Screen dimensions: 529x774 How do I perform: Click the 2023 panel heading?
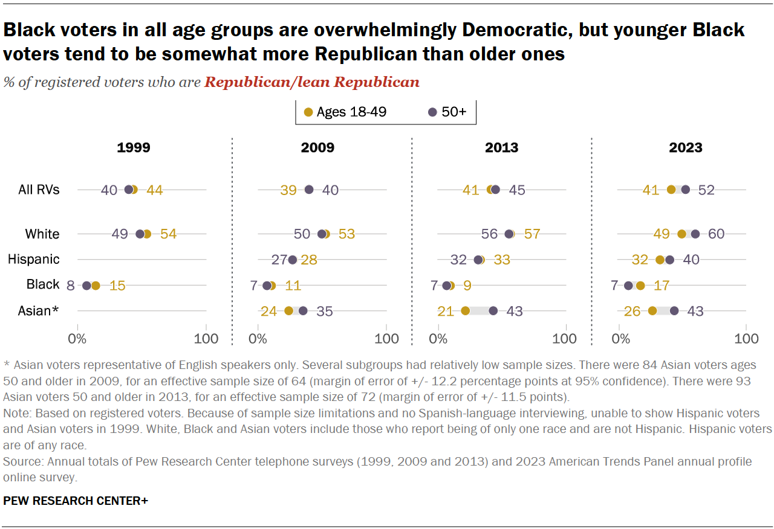685,148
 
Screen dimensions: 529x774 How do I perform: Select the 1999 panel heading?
134,148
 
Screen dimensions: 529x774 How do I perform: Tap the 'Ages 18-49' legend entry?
345,112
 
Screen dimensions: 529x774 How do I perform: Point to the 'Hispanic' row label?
33,260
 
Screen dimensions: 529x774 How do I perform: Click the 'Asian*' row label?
38,311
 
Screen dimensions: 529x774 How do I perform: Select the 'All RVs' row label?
39,190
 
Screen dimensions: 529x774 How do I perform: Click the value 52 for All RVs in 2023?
706,190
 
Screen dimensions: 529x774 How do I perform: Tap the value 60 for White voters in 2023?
716,234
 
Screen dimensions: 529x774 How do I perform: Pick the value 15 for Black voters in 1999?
117,286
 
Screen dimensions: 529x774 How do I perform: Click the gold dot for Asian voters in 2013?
465,311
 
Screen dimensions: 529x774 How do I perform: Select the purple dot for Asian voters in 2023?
674,311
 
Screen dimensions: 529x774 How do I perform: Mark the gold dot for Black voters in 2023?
640,286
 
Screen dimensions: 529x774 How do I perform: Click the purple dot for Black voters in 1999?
86,286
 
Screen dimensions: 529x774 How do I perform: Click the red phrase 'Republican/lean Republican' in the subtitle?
312,83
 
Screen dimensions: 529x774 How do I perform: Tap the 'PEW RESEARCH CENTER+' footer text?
76,501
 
